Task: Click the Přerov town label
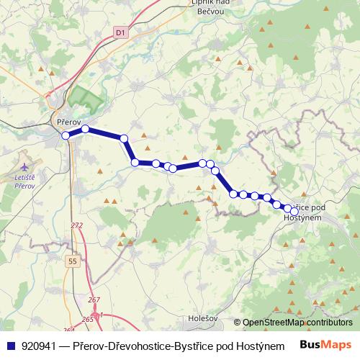coord(67,122)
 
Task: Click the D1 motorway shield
coord(120,32)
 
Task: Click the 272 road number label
coord(77,226)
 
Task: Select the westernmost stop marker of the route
coord(66,135)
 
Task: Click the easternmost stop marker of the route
coord(294,211)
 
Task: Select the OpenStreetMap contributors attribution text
coord(297,323)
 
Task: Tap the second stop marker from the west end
coord(85,130)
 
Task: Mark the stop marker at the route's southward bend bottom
coord(135,162)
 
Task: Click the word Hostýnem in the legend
coord(271,345)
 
